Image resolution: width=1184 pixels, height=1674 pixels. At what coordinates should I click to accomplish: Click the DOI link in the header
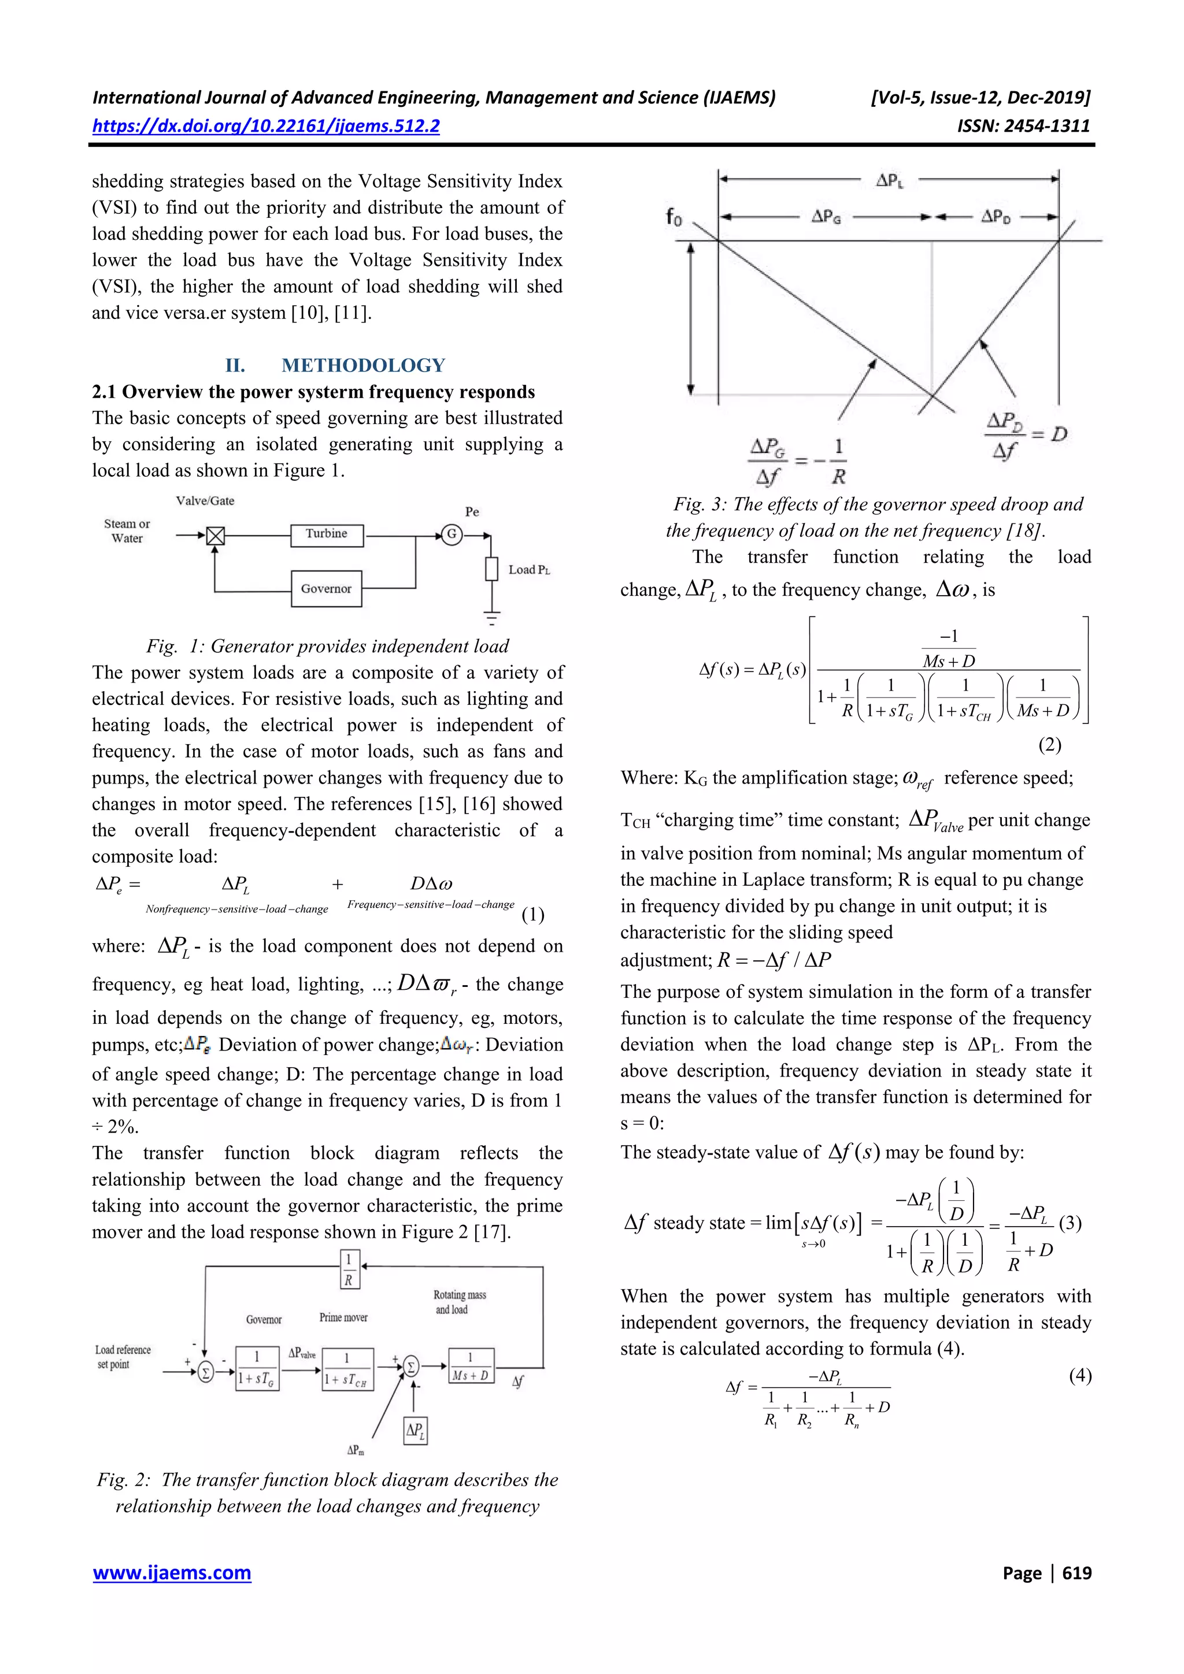[265, 126]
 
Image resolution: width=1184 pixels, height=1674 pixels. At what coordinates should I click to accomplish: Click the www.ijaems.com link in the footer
[172, 1573]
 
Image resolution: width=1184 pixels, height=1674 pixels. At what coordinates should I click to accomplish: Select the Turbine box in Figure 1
[326, 535]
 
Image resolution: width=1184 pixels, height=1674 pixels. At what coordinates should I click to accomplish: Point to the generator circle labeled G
[452, 535]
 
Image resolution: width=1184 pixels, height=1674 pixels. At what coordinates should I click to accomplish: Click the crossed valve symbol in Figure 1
[214, 536]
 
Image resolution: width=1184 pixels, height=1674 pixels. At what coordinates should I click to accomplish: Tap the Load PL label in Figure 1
[528, 569]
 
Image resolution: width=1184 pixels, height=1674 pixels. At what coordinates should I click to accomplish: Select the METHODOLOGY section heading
[362, 365]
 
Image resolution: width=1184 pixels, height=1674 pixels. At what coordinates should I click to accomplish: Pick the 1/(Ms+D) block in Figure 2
[470, 1365]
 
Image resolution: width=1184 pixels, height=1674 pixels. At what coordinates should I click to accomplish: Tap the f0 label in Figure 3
[674, 217]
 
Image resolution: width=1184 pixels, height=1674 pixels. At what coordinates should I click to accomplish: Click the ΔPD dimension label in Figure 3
[995, 217]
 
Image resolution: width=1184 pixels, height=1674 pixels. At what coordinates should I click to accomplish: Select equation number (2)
[1049, 744]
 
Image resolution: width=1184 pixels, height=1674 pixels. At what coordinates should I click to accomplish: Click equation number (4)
[1080, 1375]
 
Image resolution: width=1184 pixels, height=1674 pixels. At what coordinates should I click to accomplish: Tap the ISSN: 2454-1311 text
[1023, 126]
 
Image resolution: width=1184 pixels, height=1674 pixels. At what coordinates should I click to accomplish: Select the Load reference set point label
[123, 1357]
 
